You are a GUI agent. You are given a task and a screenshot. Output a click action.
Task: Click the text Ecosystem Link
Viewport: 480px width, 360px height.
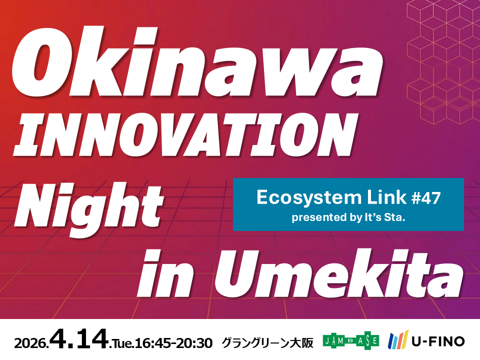coord(331,197)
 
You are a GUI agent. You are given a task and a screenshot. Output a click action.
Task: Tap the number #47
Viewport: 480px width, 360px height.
coord(426,198)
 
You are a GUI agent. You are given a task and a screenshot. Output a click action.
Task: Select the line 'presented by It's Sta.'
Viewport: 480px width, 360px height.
coord(348,217)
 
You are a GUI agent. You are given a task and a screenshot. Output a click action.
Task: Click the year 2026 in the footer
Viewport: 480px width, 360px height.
coord(31,343)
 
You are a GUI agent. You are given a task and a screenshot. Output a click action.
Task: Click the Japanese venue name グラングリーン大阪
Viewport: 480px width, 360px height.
coord(267,342)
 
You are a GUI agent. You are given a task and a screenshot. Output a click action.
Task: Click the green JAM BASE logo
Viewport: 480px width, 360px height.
coord(351,340)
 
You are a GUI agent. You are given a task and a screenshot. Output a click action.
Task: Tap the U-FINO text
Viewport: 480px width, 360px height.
coord(438,341)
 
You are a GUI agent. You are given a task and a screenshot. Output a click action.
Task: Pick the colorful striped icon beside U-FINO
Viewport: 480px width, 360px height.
coord(398,339)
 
